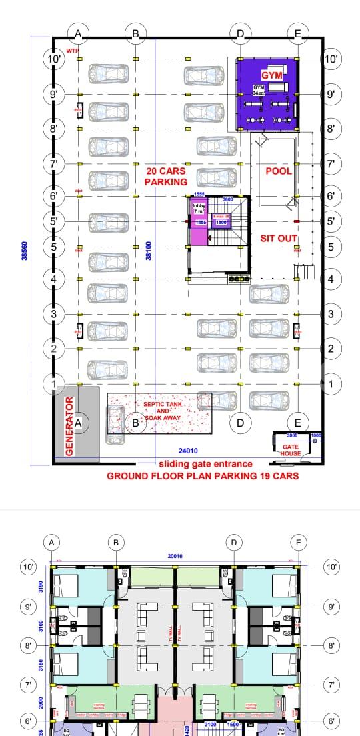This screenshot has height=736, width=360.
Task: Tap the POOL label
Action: [279, 171]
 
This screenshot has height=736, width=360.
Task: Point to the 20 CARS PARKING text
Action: [166, 176]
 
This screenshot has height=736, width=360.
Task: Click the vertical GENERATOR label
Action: [68, 427]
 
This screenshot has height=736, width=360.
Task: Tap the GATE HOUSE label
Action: [291, 450]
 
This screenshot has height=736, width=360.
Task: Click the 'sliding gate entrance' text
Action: [205, 464]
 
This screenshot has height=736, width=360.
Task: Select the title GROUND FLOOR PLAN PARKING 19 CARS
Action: [203, 476]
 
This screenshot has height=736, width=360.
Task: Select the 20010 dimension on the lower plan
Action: [179, 556]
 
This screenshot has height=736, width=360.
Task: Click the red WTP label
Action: [72, 51]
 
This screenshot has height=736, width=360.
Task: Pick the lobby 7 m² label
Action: [200, 209]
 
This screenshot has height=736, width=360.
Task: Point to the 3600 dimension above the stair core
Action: [227, 199]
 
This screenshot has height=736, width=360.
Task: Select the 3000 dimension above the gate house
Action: [292, 435]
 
